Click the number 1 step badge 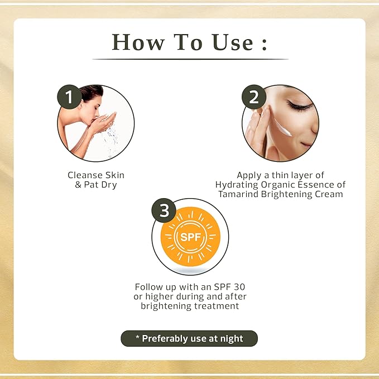tap(69, 97)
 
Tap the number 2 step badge tap(254, 97)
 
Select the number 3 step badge tap(164, 210)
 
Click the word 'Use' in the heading tap(233, 42)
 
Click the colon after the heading tap(265, 44)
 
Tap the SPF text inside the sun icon tap(191, 237)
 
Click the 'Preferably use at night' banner tap(189, 338)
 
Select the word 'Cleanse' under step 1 tap(81, 175)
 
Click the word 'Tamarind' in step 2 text tap(238, 194)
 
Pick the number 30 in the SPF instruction tap(239, 287)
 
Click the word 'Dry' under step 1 tap(109, 185)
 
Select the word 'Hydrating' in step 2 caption tap(237, 185)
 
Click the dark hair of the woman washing tap(92, 92)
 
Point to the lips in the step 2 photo tap(306, 145)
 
